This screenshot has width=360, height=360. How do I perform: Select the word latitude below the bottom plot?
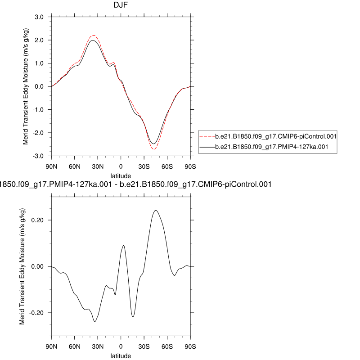(x=121, y=355)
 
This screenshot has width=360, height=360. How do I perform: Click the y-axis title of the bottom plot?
(x=22, y=266)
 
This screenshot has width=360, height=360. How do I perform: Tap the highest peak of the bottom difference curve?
(x=156, y=210)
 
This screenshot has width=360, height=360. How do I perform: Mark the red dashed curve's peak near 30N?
(x=93, y=35)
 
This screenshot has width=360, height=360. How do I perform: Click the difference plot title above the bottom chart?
(x=135, y=184)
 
